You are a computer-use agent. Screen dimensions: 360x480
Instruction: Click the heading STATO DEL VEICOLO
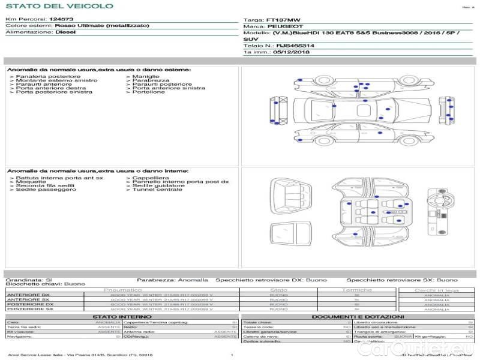pyautogui.click(x=59, y=6)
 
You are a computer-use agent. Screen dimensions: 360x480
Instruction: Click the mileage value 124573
pyautogui.click(x=61, y=20)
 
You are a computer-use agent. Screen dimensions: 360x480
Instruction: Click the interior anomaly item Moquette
pyautogui.click(x=29, y=182)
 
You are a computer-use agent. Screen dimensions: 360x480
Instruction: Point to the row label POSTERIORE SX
pyautogui.click(x=29, y=309)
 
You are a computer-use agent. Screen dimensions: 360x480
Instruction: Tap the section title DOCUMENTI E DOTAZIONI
pyautogui.click(x=358, y=317)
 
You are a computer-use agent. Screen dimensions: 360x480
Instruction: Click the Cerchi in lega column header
pyautogui.click(x=436, y=290)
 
